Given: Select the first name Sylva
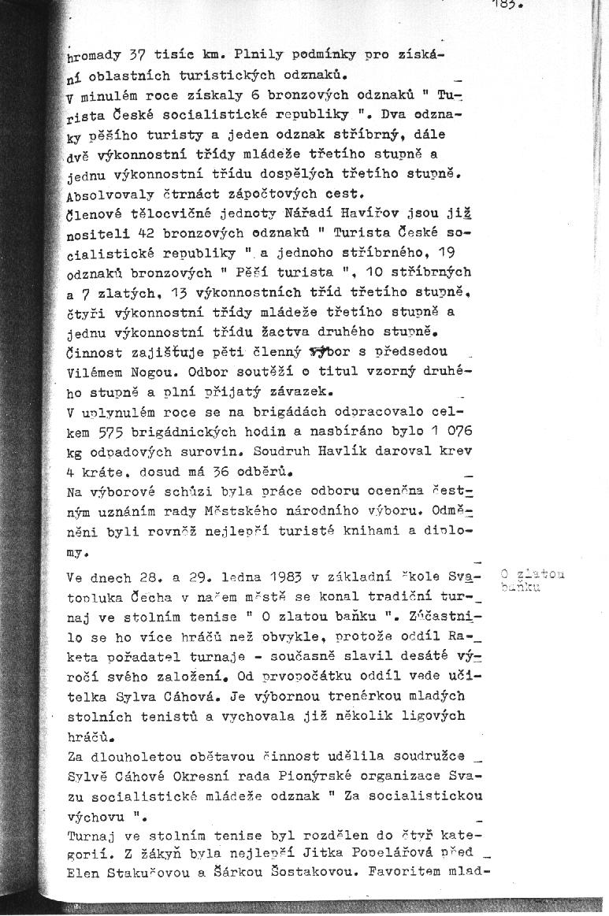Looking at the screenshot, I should coord(117,697).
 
